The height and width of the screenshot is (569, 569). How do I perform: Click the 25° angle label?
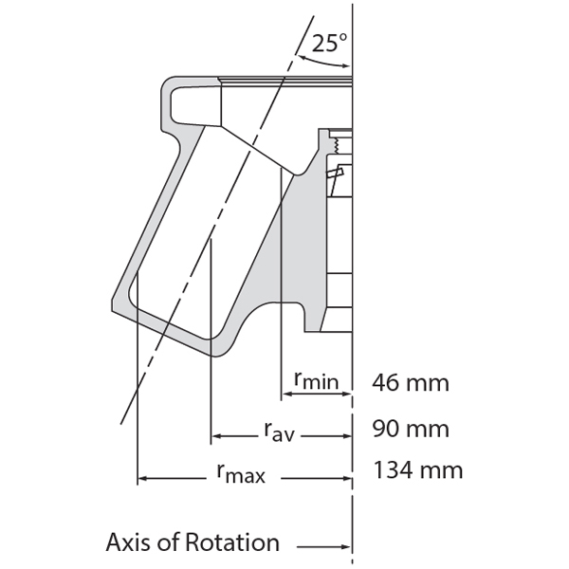click(x=328, y=42)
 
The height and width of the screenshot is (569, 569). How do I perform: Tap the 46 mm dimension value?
click(x=411, y=383)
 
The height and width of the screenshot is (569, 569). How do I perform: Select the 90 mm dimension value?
click(x=411, y=428)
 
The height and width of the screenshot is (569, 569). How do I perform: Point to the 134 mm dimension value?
click(x=418, y=469)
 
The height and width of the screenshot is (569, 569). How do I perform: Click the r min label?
click(x=315, y=381)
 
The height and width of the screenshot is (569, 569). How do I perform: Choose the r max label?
click(x=239, y=473)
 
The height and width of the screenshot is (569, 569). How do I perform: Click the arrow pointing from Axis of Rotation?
click(x=322, y=547)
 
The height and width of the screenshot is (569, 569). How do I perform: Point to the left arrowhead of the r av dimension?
click(x=216, y=436)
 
